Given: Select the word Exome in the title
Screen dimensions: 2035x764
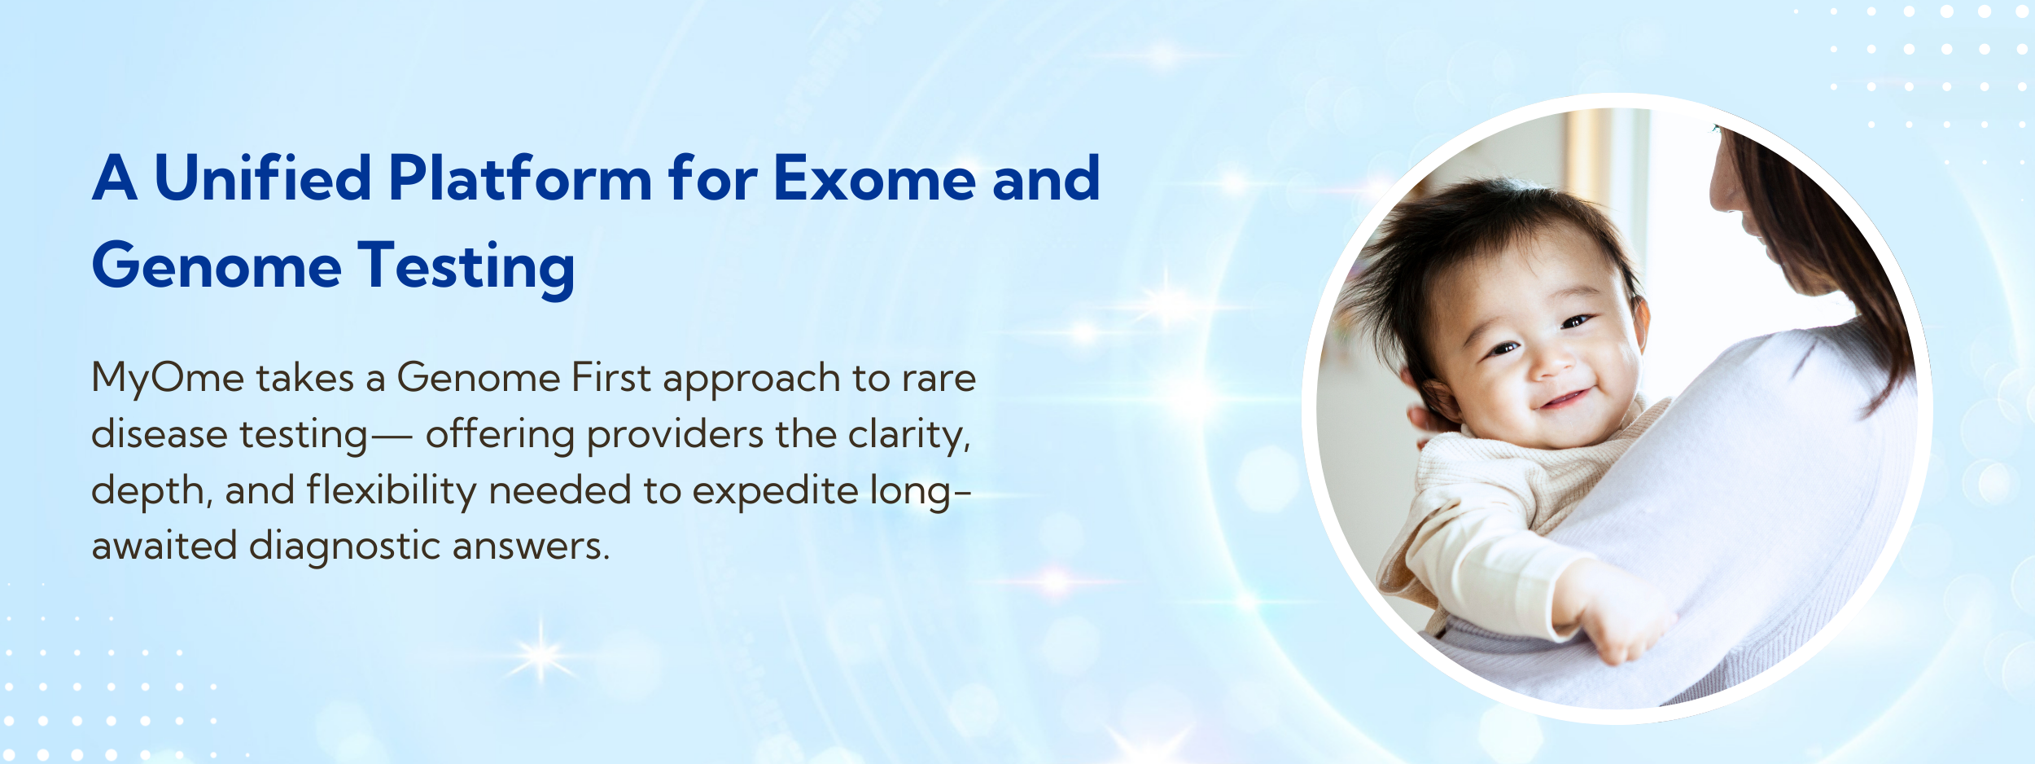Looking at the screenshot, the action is (874, 178).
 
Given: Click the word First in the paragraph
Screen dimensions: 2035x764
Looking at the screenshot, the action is (611, 377).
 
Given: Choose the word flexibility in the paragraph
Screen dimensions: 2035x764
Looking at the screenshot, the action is (392, 491).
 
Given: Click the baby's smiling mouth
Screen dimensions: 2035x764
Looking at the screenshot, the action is (1565, 399).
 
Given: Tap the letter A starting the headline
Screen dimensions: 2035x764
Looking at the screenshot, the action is (115, 178).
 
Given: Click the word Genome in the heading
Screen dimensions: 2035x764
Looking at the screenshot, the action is (217, 266).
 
